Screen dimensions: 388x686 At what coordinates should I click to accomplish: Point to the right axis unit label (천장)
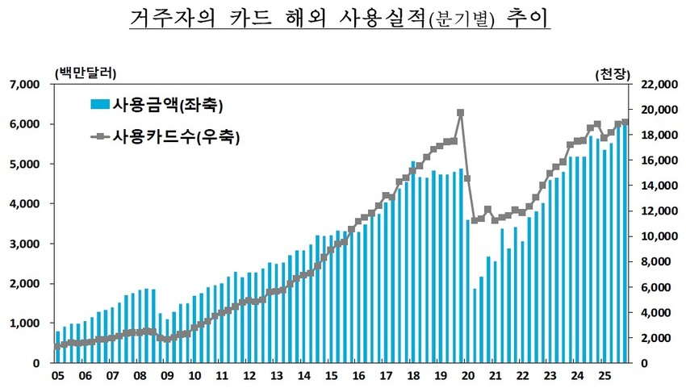pyautogui.click(x=610, y=74)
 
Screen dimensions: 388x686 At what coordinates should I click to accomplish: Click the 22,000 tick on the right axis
pyautogui.click(x=655, y=84)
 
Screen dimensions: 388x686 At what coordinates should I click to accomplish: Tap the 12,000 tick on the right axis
pyautogui.click(x=655, y=211)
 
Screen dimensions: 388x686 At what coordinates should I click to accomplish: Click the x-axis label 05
pyautogui.click(x=58, y=376)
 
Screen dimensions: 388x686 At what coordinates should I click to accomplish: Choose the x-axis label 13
pyautogui.click(x=277, y=376)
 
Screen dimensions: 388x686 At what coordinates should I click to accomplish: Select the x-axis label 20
pyautogui.click(x=468, y=376)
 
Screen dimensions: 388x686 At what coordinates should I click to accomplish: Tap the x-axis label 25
pyautogui.click(x=604, y=376)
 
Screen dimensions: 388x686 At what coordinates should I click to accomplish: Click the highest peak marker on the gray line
pyautogui.click(x=460, y=113)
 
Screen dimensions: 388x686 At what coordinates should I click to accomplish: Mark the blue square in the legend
pyautogui.click(x=100, y=105)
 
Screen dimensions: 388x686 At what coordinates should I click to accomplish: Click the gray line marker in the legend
pyautogui.click(x=100, y=138)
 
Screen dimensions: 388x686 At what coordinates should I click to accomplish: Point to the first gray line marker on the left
pyautogui.click(x=57, y=346)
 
